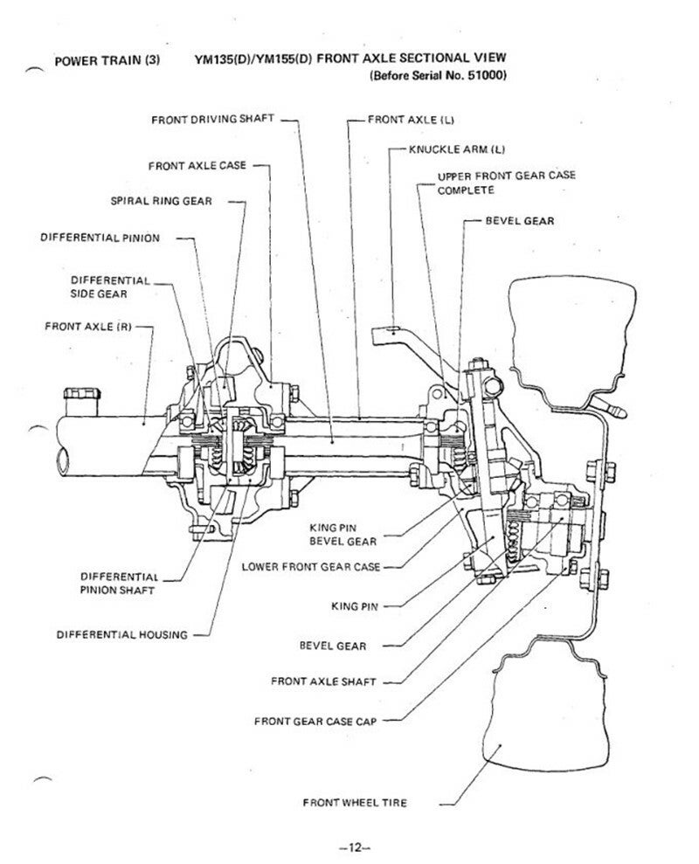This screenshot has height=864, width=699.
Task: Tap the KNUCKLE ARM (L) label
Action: (x=453, y=149)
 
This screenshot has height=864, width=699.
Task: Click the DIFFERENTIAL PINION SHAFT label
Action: (x=118, y=584)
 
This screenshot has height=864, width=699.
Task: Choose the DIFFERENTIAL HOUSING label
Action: (x=121, y=634)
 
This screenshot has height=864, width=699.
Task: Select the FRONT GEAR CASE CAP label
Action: (x=315, y=722)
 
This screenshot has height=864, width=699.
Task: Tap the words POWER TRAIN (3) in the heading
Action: (x=105, y=61)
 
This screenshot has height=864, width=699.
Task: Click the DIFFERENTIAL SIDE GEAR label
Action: (x=109, y=287)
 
